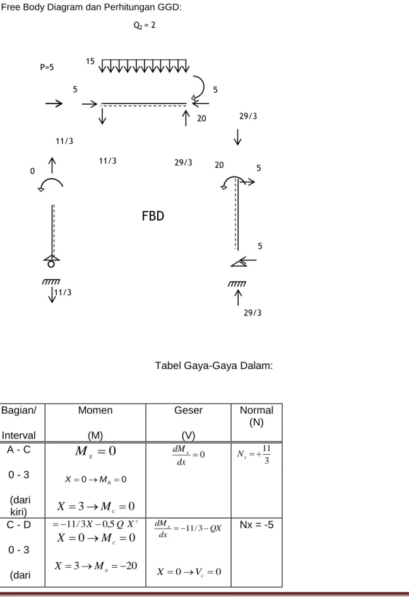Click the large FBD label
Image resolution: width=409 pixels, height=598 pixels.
click(153, 216)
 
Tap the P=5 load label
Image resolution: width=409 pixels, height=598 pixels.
click(47, 67)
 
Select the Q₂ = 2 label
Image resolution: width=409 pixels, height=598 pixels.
click(144, 25)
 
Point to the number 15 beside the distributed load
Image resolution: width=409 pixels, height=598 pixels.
click(90, 61)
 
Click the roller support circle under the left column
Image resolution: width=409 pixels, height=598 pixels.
click(50, 264)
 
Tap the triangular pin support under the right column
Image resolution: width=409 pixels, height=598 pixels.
click(239, 262)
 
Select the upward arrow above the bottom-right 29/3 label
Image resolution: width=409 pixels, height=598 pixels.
click(238, 298)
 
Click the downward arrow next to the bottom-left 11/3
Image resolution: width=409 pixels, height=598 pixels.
click(52, 295)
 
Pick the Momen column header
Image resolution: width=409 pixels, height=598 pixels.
click(95, 411)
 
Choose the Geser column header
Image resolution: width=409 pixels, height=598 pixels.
click(188, 411)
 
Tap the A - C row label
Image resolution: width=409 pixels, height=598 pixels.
click(19, 450)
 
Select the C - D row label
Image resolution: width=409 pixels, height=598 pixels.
click(19, 525)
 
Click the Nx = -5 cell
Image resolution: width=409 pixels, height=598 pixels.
click(256, 525)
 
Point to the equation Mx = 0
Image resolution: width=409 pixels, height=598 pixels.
click(95, 452)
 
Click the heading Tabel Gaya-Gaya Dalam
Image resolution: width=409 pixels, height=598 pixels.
click(214, 366)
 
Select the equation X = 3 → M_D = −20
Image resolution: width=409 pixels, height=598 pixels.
click(96, 566)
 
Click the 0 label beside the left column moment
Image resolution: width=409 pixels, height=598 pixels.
click(32, 171)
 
